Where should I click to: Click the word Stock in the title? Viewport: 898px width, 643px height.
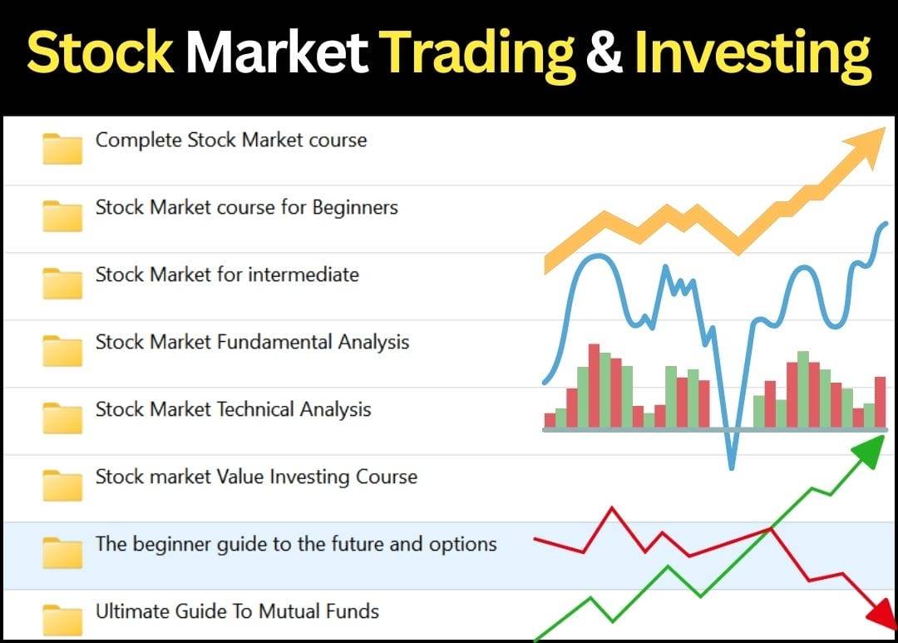(x=100, y=52)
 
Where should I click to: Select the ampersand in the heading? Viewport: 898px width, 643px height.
(x=604, y=52)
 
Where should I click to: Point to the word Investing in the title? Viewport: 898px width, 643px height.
(x=753, y=55)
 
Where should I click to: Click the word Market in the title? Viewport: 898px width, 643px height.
(x=277, y=52)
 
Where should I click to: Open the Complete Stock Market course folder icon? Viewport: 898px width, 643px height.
(x=62, y=149)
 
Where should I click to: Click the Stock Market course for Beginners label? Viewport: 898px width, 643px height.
(x=246, y=207)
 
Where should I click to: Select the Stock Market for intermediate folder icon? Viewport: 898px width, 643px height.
(x=62, y=283)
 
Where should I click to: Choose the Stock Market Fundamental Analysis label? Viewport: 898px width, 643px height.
(x=252, y=342)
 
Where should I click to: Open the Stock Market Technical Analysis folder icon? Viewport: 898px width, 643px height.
(x=62, y=418)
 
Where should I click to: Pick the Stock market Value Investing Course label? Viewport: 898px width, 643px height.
(x=256, y=477)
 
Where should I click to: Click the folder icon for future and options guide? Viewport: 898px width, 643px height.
(x=62, y=552)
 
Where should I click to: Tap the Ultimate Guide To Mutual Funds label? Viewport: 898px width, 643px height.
(x=237, y=611)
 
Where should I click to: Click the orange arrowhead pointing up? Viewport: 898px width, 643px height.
(x=866, y=146)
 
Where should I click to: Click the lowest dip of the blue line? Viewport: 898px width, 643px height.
(x=732, y=467)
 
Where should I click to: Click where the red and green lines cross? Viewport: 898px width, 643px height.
(x=770, y=529)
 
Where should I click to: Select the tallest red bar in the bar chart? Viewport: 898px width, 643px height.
(x=594, y=386)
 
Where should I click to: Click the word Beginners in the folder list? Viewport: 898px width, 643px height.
(x=354, y=208)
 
